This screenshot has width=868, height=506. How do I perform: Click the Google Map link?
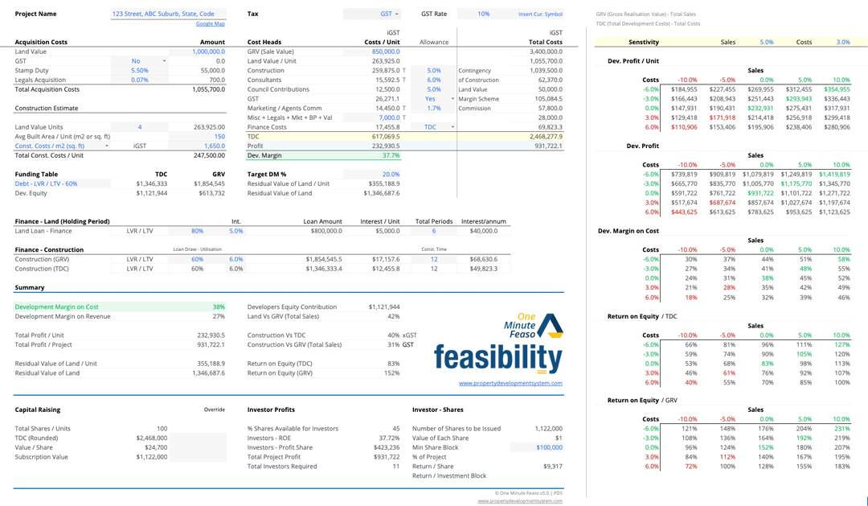click(210, 24)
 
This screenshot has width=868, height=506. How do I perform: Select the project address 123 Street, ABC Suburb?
click(163, 14)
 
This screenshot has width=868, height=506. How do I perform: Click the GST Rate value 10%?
click(483, 14)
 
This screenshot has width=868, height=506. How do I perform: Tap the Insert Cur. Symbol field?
click(540, 14)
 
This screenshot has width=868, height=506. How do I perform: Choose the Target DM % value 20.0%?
click(391, 174)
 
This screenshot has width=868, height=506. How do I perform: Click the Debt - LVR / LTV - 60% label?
click(47, 183)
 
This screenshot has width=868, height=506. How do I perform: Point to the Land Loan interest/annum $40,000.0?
click(481, 230)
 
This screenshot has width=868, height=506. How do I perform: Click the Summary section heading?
click(30, 287)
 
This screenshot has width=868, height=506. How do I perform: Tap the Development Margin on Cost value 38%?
click(218, 306)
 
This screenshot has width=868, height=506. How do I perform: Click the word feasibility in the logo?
click(497, 356)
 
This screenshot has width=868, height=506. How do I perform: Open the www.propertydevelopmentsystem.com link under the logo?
click(510, 383)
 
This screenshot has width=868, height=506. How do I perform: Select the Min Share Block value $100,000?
click(549, 447)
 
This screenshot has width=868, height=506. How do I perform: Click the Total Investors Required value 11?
click(396, 466)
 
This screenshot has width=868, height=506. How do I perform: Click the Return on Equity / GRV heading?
click(642, 400)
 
